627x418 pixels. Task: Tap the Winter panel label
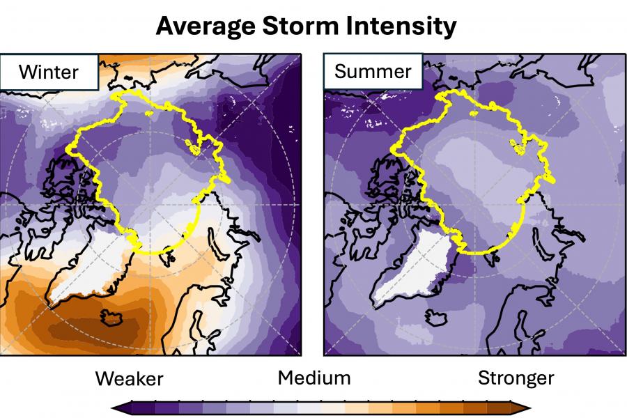click(x=49, y=72)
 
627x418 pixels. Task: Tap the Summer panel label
click(x=373, y=72)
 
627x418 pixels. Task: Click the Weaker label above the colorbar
click(x=129, y=379)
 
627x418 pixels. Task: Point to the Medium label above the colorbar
click(x=313, y=378)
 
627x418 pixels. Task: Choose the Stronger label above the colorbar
click(x=516, y=378)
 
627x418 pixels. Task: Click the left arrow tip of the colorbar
click(x=116, y=408)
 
